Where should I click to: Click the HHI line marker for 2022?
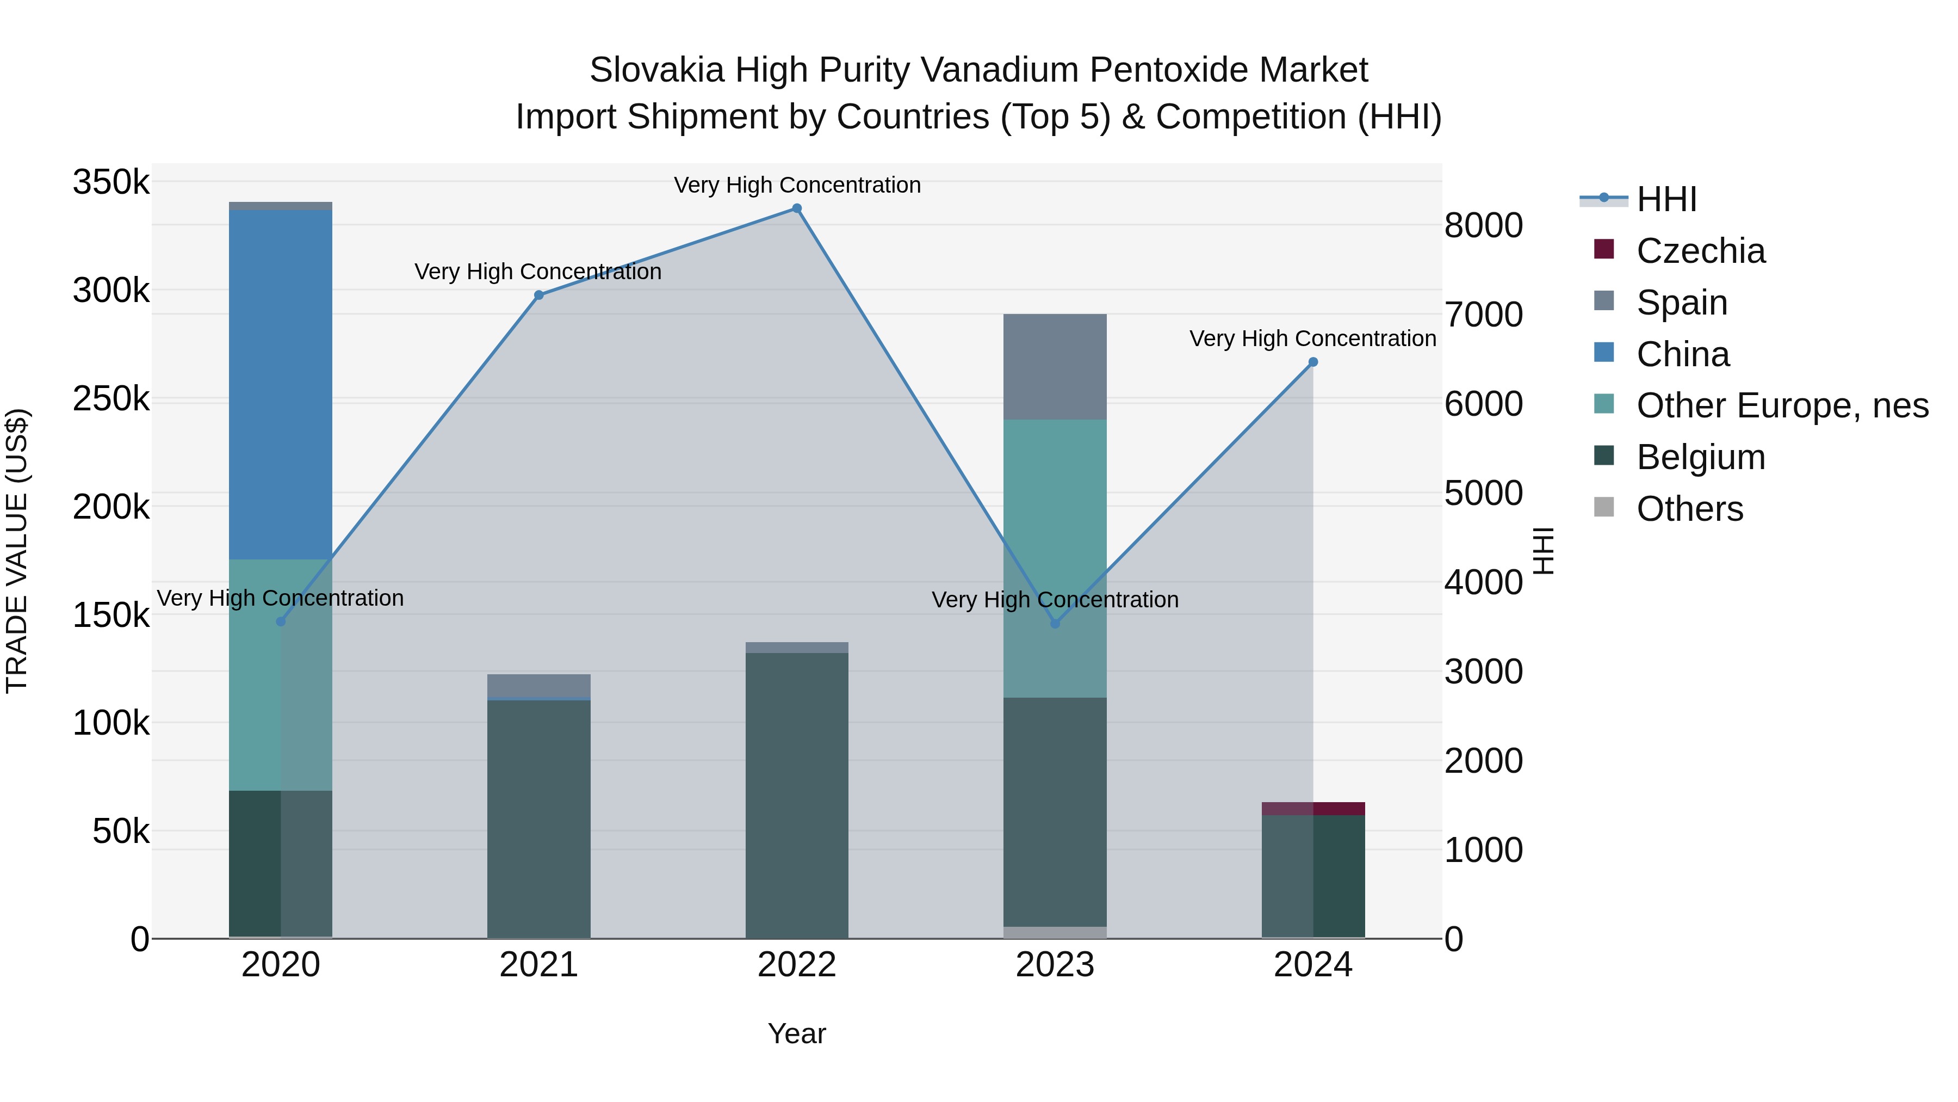coord(797,208)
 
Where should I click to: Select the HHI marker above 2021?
coord(539,295)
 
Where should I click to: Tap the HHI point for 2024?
coord(1313,362)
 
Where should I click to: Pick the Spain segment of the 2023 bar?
coord(1055,367)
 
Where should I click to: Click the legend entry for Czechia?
coord(1700,251)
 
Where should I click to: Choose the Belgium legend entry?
coord(1700,457)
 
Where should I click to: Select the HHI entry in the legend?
coord(1666,199)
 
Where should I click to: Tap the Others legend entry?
coord(1689,509)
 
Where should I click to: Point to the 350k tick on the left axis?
coord(111,182)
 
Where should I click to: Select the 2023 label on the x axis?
coord(1055,965)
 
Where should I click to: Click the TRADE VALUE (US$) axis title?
coord(17,551)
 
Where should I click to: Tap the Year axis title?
coord(797,1033)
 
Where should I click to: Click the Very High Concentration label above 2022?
coord(797,185)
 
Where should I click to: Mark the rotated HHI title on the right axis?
coord(1543,551)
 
